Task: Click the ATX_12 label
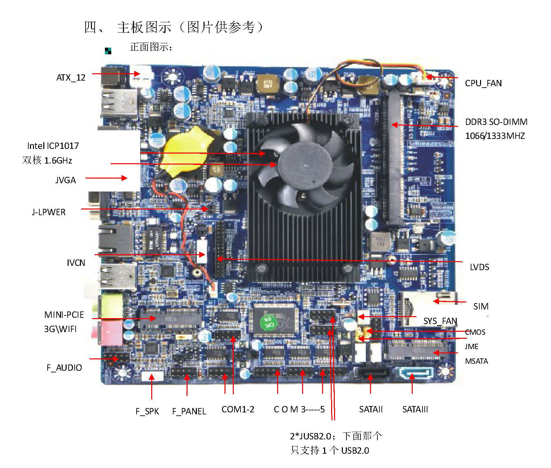point(71,78)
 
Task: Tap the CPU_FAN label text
point(483,83)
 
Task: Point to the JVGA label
point(66,180)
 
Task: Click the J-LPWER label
point(49,212)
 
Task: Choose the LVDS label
point(479,267)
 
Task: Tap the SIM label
point(481,306)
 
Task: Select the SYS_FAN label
point(440,321)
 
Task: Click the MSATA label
point(476,361)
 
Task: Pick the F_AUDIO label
point(64,368)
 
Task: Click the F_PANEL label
point(189,411)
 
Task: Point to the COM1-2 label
point(238,409)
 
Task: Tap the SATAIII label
point(415,409)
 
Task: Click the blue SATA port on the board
point(415,373)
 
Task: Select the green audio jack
point(112,306)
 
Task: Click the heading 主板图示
point(144,27)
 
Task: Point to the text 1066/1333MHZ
point(495,136)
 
